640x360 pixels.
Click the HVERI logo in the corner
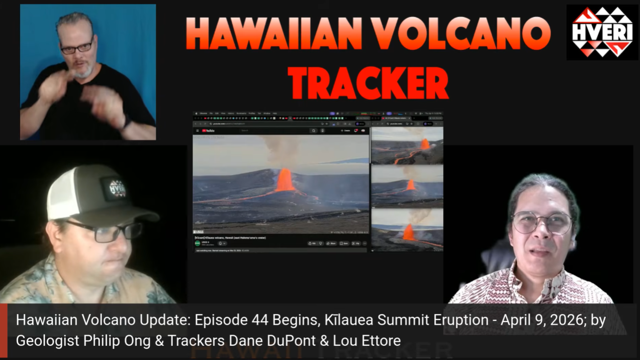click(602, 32)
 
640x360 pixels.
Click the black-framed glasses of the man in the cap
click(105, 231)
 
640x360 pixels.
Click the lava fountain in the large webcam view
click(284, 180)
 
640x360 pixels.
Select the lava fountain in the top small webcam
click(425, 144)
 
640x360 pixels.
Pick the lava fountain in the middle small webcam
click(411, 185)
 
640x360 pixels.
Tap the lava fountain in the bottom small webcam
click(408, 232)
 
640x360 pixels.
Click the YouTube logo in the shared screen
click(208, 131)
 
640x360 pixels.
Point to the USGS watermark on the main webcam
click(199, 232)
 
